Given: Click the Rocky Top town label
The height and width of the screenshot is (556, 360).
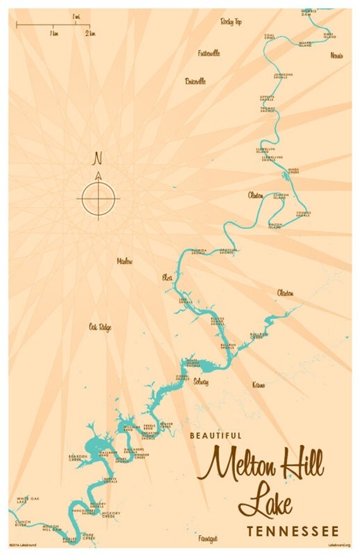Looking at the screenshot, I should point(231,21).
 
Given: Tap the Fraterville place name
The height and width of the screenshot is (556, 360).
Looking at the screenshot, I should point(208,53).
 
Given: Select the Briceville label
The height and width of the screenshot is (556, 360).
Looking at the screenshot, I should point(195,82).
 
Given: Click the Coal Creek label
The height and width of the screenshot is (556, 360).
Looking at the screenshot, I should point(270,37).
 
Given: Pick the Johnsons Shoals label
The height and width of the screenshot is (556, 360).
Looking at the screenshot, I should point(283,76).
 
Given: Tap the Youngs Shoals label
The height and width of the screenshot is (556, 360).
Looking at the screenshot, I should point(303,214).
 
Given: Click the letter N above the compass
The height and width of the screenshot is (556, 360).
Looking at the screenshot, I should point(98,157).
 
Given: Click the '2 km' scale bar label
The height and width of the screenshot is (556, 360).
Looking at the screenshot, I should point(92,33).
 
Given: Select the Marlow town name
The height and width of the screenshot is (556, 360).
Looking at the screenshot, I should point(124,262).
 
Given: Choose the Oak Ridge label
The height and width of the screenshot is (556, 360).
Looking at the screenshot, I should point(100,327).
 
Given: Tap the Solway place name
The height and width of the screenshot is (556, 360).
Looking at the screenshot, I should point(201,382).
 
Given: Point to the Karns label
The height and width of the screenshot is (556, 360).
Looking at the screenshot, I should point(258,385).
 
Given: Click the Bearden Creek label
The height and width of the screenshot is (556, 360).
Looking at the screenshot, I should point(78,457).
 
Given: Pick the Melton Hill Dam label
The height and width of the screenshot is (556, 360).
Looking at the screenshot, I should point(52,527).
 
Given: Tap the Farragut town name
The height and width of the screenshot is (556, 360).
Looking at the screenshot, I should point(208,539).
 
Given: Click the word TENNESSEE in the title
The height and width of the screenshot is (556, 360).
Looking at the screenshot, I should point(293,531).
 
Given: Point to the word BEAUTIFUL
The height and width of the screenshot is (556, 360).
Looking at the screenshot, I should point(216,435).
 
